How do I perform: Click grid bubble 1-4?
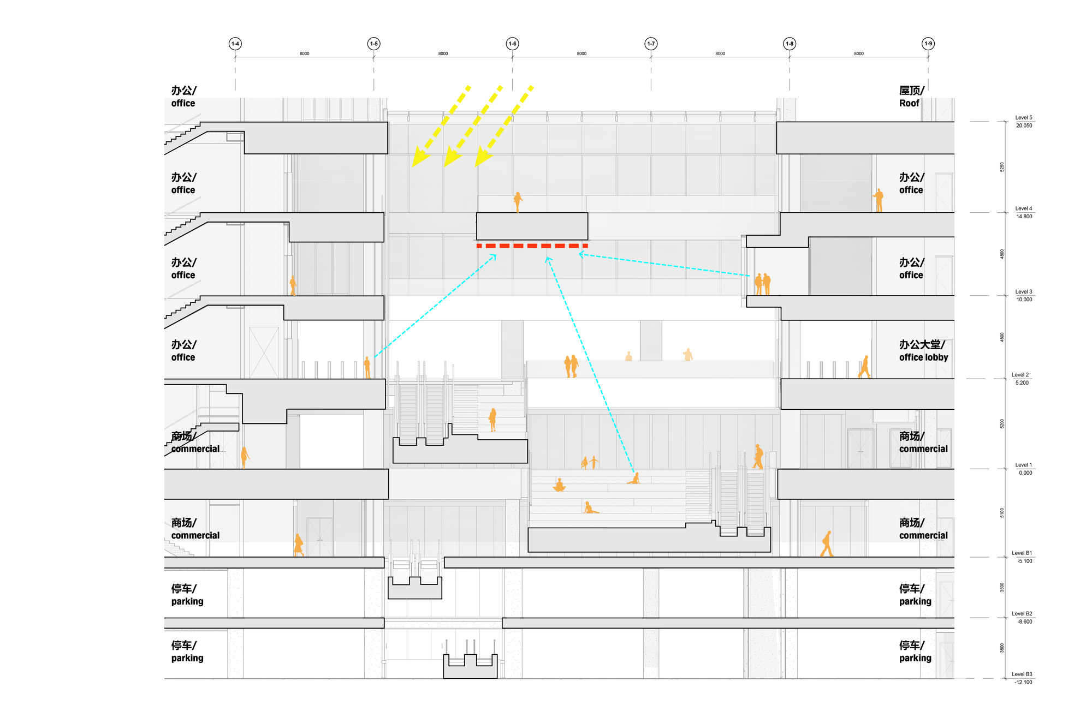(235, 44)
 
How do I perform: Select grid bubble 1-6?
(512, 44)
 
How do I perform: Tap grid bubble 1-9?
(928, 44)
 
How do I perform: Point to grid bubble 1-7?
(651, 44)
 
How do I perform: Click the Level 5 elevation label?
(1023, 118)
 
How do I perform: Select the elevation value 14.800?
(1024, 217)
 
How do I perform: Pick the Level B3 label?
(1022, 674)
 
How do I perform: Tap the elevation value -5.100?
(1024, 561)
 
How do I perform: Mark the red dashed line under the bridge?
(532, 246)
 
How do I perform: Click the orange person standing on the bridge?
(518, 201)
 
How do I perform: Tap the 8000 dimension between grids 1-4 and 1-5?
(304, 53)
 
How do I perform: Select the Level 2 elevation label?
(1020, 375)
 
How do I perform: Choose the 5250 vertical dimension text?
(1002, 167)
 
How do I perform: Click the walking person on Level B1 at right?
(827, 544)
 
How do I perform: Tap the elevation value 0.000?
(1025, 473)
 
